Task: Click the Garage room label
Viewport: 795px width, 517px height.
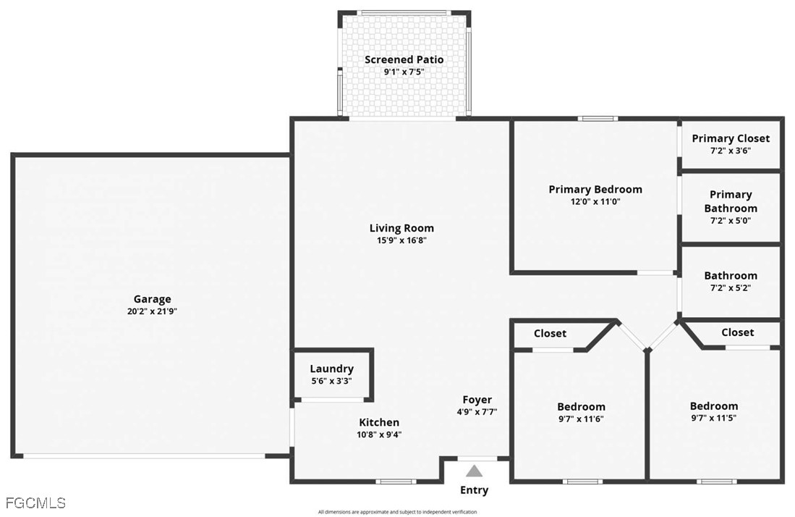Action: coord(152,299)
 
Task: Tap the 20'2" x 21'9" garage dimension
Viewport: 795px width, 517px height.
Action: coord(152,311)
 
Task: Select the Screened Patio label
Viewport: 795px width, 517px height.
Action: coord(404,60)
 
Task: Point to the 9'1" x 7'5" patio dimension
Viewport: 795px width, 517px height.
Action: coord(404,72)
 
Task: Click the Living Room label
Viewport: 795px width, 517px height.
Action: coord(401,228)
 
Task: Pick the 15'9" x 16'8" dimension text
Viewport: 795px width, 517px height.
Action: coord(401,240)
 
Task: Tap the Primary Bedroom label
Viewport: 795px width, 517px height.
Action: coord(595,190)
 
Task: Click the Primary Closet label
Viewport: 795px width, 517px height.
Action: coord(731,138)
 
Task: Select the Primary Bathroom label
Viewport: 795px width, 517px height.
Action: coord(731,201)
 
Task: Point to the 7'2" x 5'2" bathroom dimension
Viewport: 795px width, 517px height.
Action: coord(731,288)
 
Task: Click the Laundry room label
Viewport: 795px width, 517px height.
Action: coord(331,369)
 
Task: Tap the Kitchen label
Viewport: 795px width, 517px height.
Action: coord(379,422)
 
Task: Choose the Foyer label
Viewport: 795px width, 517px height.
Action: coord(477,400)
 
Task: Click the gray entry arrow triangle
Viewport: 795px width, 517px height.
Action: coord(474,471)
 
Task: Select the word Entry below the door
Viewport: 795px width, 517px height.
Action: coord(474,490)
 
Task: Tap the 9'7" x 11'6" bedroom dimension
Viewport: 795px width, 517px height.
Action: coord(581,419)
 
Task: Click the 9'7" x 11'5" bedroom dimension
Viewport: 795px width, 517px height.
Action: coord(714,419)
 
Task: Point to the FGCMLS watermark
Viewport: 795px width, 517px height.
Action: coord(35,503)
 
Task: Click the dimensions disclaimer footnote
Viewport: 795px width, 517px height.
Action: coord(398,512)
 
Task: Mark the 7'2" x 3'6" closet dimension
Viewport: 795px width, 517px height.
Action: coord(731,151)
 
